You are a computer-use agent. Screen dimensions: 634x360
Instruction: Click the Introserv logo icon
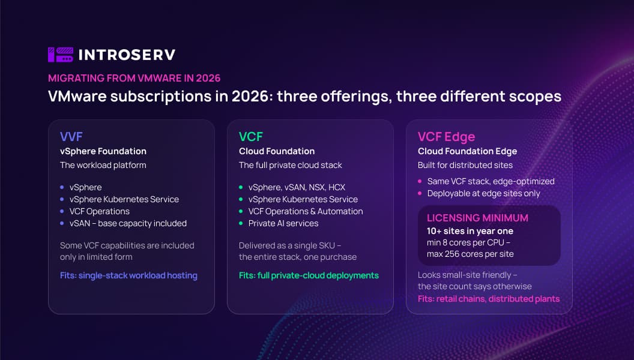[61, 55]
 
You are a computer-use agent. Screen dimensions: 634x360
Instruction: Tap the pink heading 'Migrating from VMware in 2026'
[134, 78]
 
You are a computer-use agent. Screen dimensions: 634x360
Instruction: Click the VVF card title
[71, 137]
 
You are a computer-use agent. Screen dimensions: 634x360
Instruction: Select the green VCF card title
[251, 137]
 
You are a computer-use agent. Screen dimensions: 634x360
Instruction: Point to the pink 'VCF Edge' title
[447, 137]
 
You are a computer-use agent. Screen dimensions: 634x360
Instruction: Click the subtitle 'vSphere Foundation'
[103, 151]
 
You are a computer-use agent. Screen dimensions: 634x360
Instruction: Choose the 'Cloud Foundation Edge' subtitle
[468, 151]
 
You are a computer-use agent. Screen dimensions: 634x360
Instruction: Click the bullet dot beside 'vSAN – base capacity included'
[62, 223]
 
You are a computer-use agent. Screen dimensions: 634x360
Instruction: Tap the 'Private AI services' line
[283, 223]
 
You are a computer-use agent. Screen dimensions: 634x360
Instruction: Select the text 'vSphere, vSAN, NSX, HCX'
[297, 187]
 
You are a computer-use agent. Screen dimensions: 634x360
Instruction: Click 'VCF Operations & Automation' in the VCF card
[306, 211]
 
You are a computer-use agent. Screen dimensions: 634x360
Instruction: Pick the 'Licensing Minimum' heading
[477, 218]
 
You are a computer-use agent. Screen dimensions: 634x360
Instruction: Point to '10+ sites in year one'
[470, 231]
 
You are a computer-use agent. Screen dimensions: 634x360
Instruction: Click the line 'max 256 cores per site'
[470, 254]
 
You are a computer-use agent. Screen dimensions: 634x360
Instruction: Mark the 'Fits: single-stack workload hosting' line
[128, 275]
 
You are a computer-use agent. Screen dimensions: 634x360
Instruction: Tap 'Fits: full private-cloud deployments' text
[309, 275]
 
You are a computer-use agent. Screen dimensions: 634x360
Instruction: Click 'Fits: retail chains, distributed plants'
[489, 299]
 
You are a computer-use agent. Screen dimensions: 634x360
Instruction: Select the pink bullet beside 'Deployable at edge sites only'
[420, 194]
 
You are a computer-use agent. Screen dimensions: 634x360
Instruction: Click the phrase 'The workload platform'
[103, 165]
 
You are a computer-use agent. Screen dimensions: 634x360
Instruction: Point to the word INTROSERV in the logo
[127, 55]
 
